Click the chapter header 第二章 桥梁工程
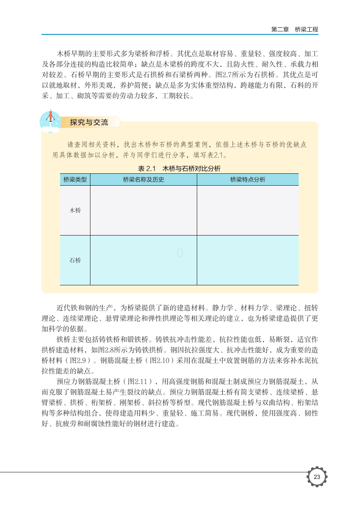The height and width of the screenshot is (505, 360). tap(294, 30)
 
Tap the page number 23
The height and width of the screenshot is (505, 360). tap(317, 477)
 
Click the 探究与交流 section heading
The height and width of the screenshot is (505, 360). tap(89, 123)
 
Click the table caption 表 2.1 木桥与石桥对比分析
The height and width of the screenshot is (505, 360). tap(179, 168)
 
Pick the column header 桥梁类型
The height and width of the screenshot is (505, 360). tap(75, 180)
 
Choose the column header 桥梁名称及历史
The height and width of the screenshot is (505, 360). tap(143, 180)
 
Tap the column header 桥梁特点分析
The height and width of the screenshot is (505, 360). tap(247, 180)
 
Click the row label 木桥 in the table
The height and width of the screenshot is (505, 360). tap(75, 210)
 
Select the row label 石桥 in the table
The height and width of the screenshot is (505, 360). tap(75, 260)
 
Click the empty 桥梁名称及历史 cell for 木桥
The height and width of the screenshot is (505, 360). tap(143, 210)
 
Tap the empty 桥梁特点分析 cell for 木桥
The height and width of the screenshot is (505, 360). tap(247, 210)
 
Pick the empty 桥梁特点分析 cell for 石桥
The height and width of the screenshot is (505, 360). tap(247, 260)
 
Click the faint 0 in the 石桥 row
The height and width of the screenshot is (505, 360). tap(180, 253)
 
